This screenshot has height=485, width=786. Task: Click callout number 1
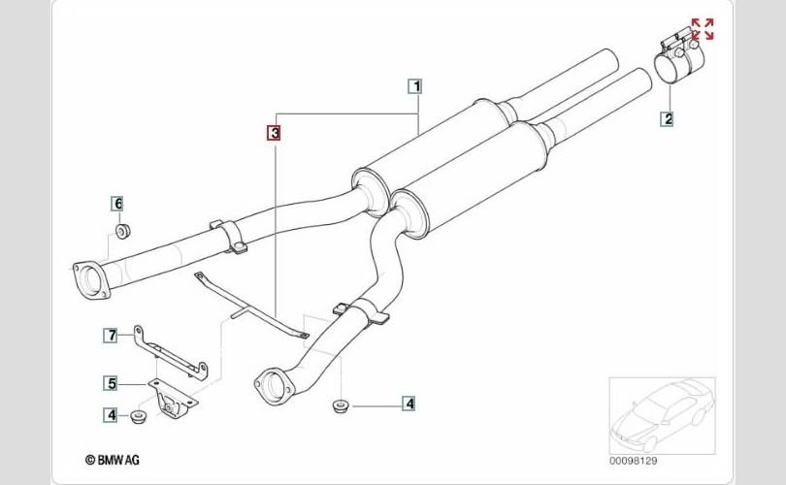click(416, 85)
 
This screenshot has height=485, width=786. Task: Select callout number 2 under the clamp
click(668, 119)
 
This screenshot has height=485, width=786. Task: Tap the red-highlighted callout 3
click(275, 132)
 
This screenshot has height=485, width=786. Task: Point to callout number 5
click(112, 383)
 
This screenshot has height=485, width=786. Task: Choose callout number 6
click(118, 203)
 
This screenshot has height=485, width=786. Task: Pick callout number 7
click(112, 336)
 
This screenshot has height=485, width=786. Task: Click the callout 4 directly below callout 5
click(112, 415)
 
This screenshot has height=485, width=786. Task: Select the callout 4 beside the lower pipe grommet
click(409, 403)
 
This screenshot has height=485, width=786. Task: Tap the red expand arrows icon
click(702, 29)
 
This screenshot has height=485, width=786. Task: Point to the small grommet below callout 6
click(123, 231)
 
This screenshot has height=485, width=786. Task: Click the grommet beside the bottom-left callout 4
click(139, 417)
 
